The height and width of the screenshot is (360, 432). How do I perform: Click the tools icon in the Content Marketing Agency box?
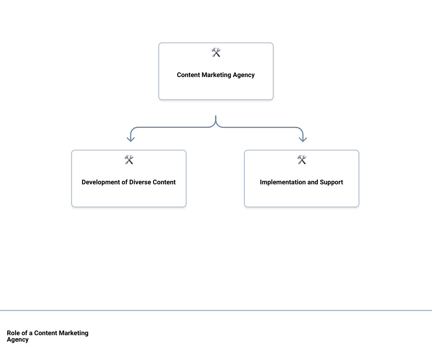coord(216,53)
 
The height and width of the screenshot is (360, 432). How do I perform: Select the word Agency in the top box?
coord(244,75)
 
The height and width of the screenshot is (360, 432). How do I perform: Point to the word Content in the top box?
coord(188,75)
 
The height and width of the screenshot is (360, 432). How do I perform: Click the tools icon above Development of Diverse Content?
coord(129,160)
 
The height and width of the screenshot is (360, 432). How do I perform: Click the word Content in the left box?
coord(164,182)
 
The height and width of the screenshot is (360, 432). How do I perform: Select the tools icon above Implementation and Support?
coord(302,160)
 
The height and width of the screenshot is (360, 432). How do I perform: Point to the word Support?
coord(331,182)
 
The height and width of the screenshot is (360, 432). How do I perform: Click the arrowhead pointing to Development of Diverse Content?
coord(131,139)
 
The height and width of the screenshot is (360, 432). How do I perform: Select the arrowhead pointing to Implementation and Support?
coord(303,139)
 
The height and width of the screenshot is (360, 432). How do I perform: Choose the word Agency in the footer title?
coord(18,339)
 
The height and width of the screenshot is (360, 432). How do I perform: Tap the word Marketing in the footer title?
coord(73,333)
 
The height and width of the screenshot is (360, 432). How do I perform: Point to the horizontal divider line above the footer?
coord(216,310)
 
